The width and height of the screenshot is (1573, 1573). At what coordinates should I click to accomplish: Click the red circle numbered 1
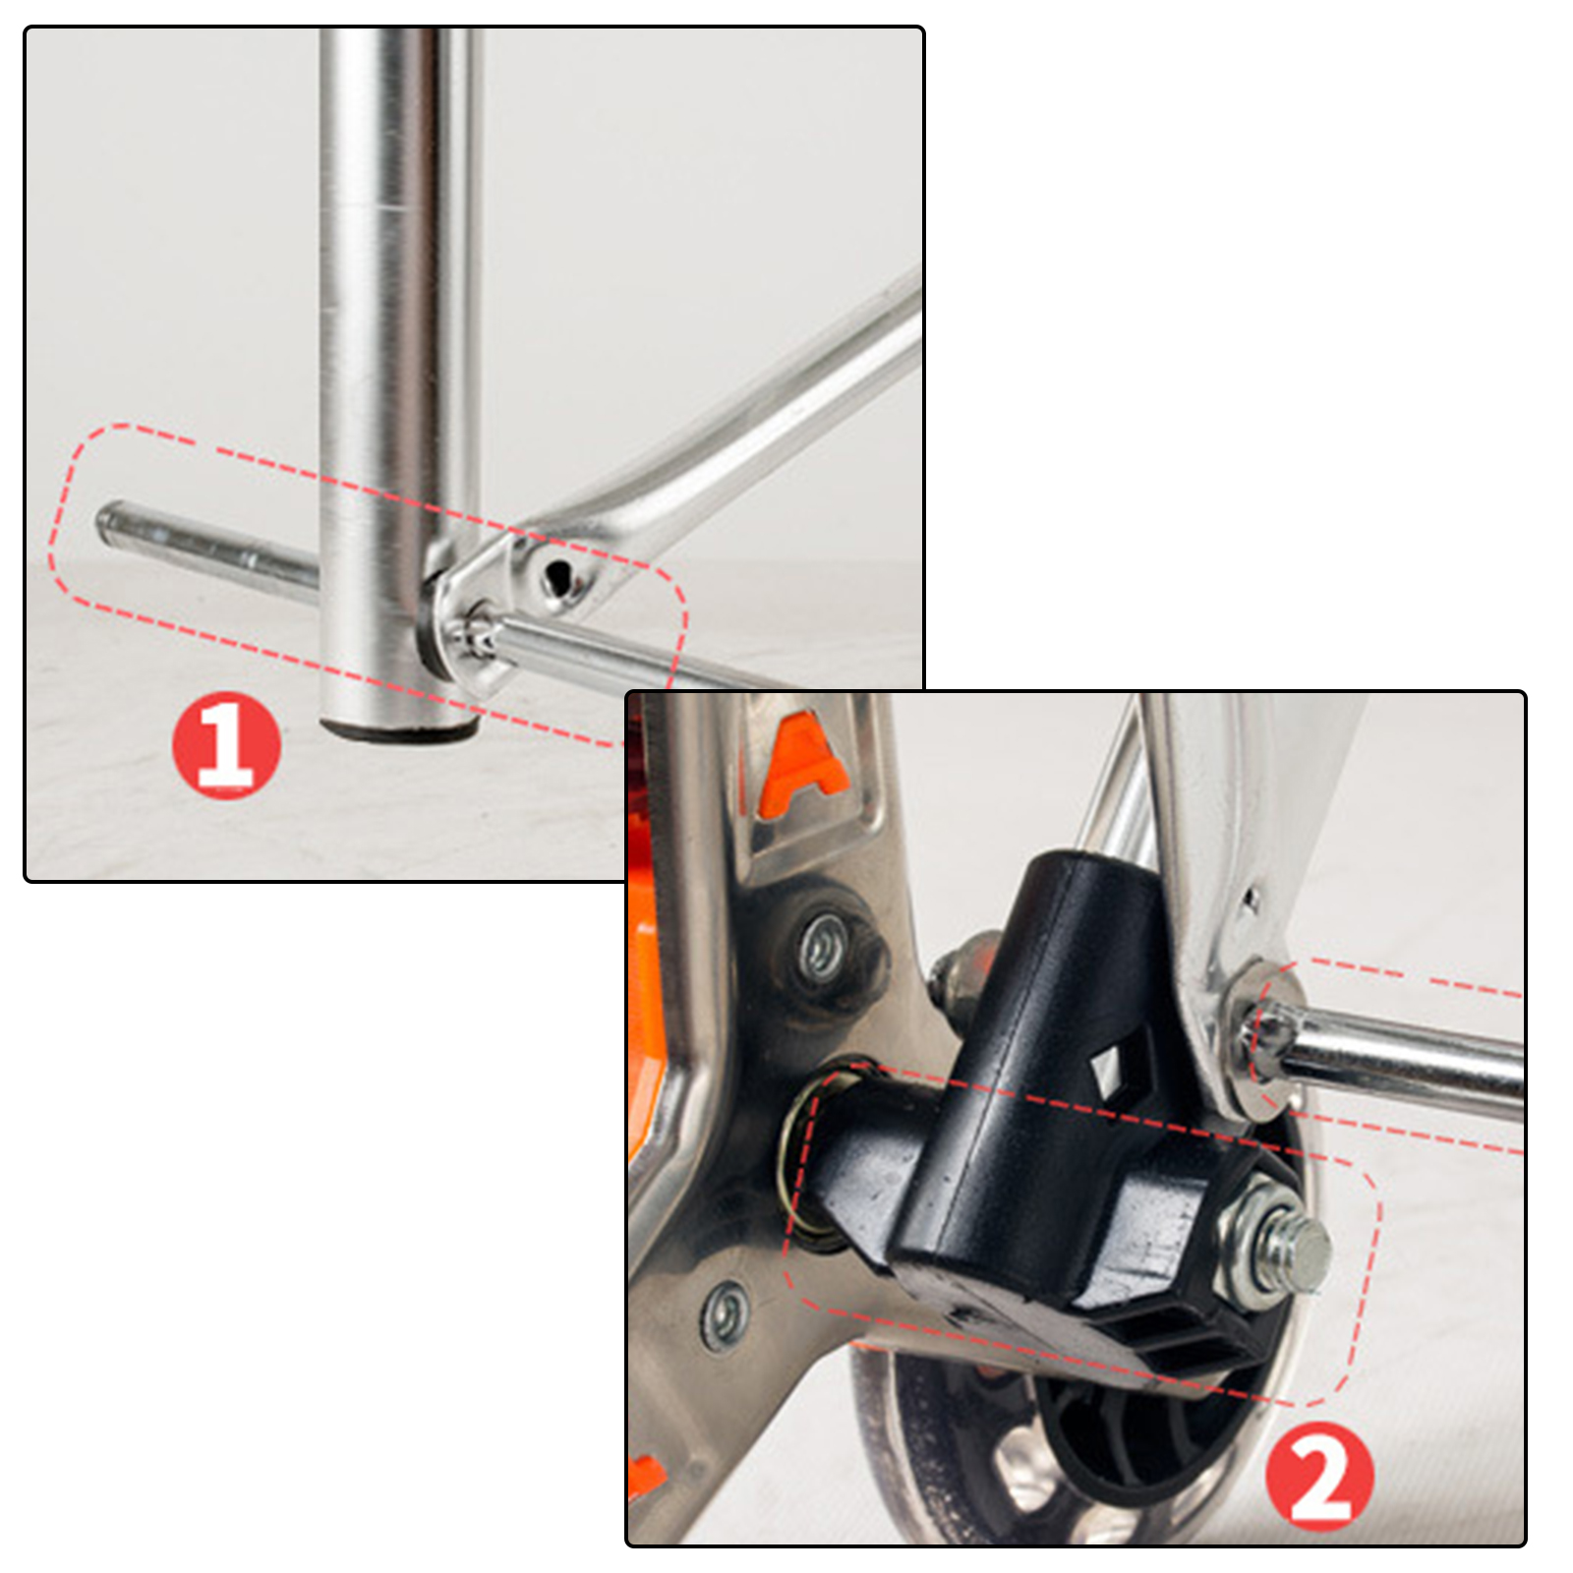[226, 744]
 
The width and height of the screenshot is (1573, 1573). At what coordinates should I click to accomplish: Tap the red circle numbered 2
[1318, 1477]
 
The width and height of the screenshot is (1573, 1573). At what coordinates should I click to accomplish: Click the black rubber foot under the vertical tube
[398, 729]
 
